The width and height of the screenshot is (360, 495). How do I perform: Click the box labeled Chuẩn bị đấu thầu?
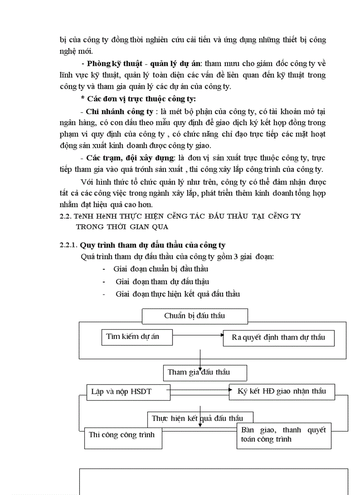click(195, 316)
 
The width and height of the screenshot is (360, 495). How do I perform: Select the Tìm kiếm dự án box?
click(136, 337)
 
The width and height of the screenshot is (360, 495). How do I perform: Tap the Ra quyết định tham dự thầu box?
click(278, 338)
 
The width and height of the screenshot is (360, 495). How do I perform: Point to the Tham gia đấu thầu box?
click(204, 372)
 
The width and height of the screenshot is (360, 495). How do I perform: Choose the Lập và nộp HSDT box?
click(128, 392)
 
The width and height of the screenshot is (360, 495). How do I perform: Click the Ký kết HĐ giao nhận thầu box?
click(281, 391)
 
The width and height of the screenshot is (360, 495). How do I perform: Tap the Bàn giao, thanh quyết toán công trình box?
click(283, 435)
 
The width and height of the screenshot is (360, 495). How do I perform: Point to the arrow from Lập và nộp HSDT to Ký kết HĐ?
click(199, 390)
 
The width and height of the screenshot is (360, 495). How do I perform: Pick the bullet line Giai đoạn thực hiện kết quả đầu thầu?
click(177, 294)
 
